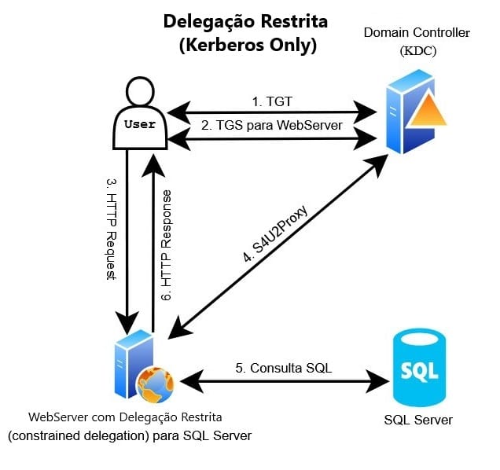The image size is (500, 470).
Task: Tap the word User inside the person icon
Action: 141,124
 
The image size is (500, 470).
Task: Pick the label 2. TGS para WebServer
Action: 270,124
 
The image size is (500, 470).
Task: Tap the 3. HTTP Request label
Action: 110,229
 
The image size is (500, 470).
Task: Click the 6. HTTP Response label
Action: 166,243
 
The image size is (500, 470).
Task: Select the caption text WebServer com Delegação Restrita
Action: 125,416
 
